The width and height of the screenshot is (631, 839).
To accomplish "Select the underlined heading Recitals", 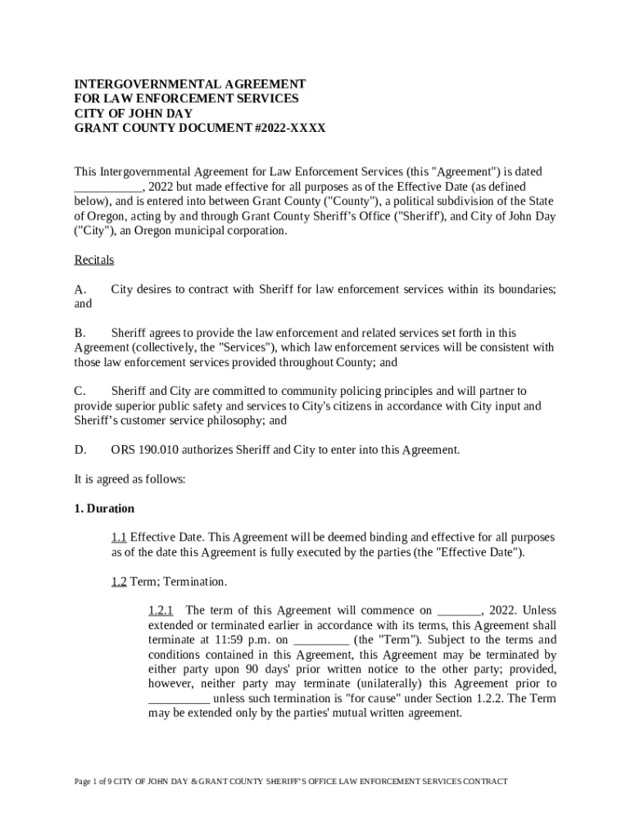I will pyautogui.click(x=94, y=261).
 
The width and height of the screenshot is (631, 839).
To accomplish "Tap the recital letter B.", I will pyautogui.click(x=79, y=333).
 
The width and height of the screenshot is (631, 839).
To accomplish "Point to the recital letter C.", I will pyautogui.click(x=79, y=392).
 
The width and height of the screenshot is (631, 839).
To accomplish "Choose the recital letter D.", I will pyautogui.click(x=80, y=450).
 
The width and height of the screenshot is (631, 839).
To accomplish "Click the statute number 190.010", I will pyautogui.click(x=156, y=450).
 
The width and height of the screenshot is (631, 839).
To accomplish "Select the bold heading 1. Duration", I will pyautogui.click(x=104, y=509).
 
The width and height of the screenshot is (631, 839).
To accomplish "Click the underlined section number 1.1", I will pyautogui.click(x=119, y=537).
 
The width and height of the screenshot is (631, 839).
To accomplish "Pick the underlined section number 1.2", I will pyautogui.click(x=119, y=582).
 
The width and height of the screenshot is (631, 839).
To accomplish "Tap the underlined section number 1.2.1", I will pyautogui.click(x=161, y=610).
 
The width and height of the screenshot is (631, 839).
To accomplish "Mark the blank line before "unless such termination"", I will pyautogui.click(x=179, y=699).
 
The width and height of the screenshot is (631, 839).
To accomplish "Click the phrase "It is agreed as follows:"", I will pyautogui.click(x=130, y=479).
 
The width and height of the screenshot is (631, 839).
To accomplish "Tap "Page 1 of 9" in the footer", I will pyautogui.click(x=92, y=782).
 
